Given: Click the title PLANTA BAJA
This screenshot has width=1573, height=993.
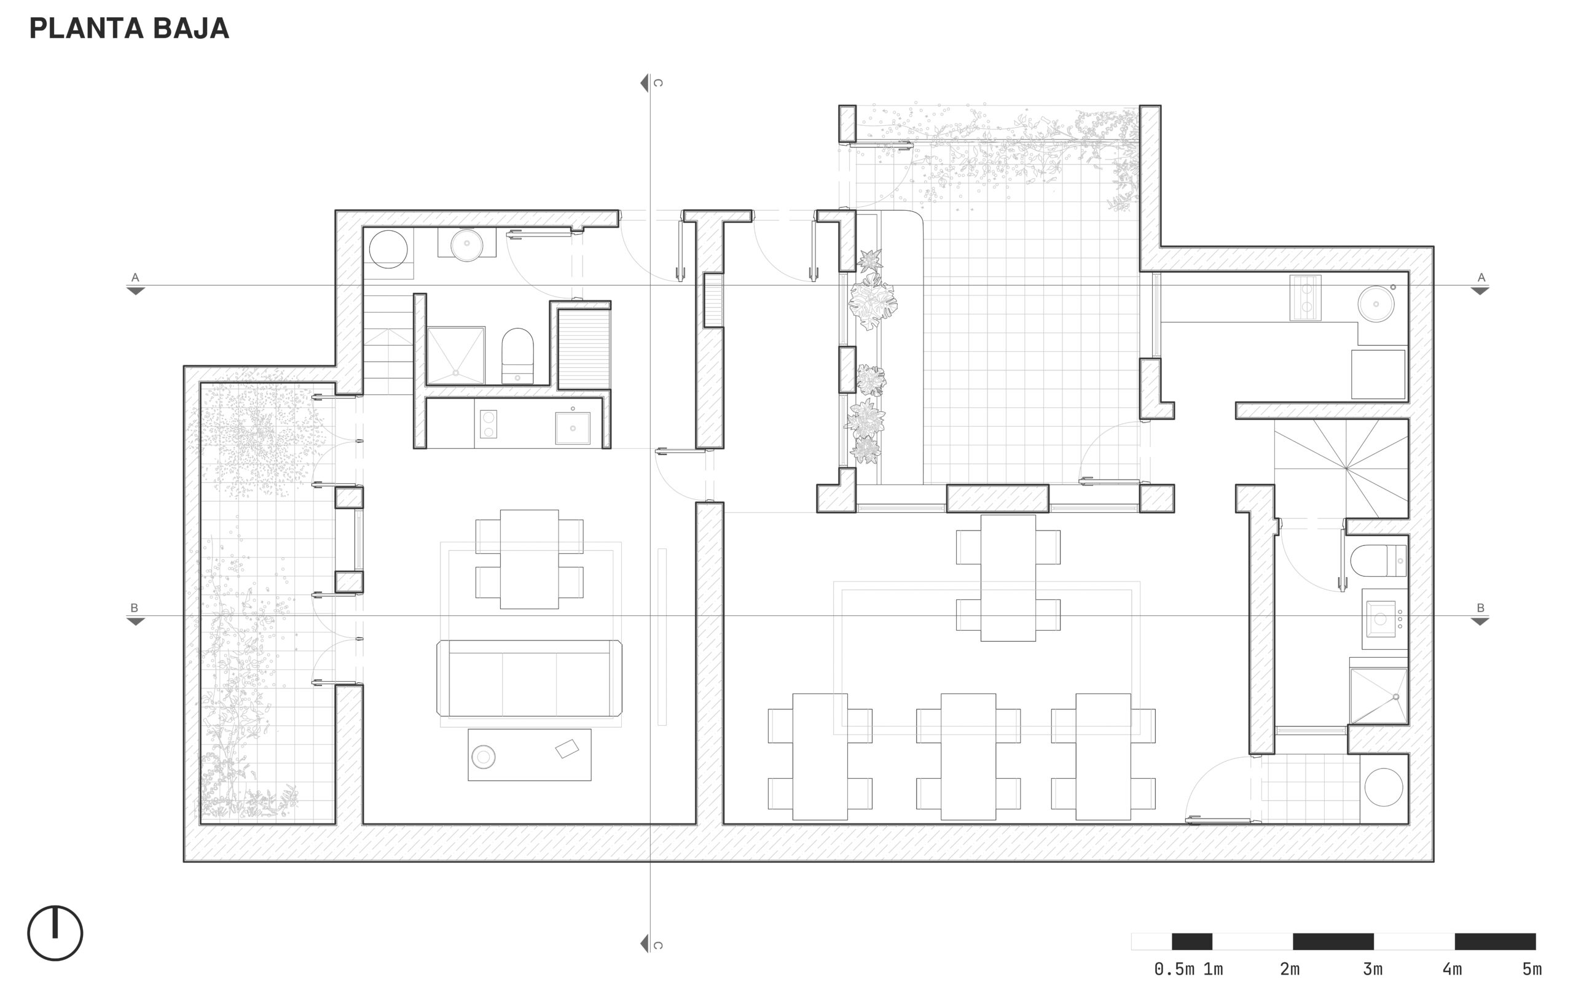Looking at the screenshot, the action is pos(129,28).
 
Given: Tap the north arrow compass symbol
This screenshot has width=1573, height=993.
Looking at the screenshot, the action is pos(55,933).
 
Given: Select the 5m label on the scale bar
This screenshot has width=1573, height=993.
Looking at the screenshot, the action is pos(1532,970).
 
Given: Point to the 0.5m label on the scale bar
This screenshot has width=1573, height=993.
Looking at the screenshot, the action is pos(1174,970).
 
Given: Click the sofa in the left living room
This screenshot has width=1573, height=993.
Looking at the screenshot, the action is pos(529,679).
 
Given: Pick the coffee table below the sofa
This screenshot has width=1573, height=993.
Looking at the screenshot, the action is pos(530,755).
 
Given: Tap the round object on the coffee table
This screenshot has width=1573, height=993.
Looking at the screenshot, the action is pos(484,757).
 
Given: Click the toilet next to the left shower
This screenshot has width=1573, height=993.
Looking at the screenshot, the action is pos(517,356).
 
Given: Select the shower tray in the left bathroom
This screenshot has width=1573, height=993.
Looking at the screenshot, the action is pos(456,355).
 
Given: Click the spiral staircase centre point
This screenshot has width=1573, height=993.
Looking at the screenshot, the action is pos(1346,468).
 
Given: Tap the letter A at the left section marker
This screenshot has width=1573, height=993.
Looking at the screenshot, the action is pos(135,278).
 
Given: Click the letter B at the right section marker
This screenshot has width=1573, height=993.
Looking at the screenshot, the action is pos(1481,608).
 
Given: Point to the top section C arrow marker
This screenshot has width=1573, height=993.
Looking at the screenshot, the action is pos(644,83).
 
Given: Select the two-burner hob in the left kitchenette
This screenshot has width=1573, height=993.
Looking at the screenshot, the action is pos(488,424).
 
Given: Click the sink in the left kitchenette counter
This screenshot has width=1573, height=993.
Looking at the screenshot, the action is pos(572,427).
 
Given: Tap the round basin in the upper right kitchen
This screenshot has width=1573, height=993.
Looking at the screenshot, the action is pos(1376,304).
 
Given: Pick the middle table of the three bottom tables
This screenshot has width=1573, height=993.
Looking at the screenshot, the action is pos(968,757).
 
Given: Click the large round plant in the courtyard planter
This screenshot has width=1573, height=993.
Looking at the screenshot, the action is pos(873,302).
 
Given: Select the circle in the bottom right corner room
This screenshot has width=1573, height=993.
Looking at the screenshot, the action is pos(1384,787).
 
